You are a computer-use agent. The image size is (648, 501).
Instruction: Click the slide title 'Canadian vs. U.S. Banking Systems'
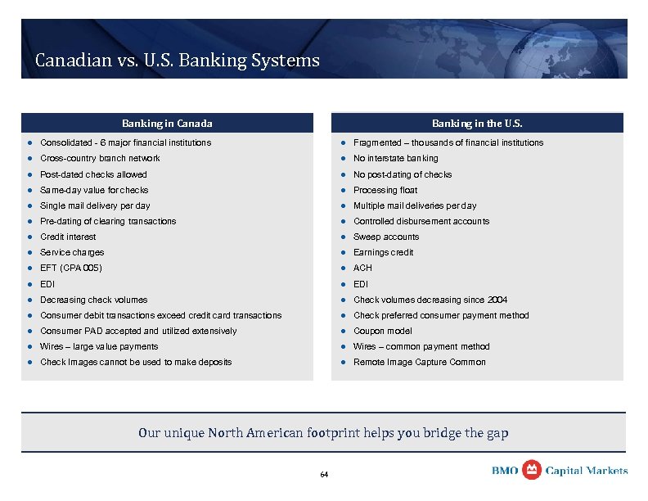pyautogui.click(x=177, y=61)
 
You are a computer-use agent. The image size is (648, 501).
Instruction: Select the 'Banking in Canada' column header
pyautogui.click(x=167, y=124)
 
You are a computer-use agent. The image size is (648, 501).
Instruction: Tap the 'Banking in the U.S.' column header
pyautogui.click(x=477, y=124)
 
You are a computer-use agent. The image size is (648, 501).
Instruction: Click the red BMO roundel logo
pyautogui.click(x=531, y=469)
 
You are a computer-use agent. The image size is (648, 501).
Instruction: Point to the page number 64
pyautogui.click(x=324, y=475)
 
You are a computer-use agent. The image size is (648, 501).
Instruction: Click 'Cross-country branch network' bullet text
pyautogui.click(x=100, y=158)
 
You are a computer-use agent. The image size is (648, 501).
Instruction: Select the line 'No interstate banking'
pyautogui.click(x=395, y=158)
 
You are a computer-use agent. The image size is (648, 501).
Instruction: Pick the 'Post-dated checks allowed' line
pyautogui.click(x=93, y=174)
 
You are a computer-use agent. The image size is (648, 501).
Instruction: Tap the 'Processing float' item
pyautogui.click(x=385, y=190)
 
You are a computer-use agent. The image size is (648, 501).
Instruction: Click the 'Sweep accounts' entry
pyautogui.click(x=385, y=237)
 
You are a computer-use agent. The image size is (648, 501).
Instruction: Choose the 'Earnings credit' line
pyautogui.click(x=384, y=252)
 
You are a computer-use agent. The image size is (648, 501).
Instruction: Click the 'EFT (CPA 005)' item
pyautogui.click(x=71, y=268)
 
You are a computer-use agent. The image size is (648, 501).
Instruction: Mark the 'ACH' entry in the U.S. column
pyautogui.click(x=362, y=268)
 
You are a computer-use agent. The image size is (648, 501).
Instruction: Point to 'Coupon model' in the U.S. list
pyautogui.click(x=382, y=331)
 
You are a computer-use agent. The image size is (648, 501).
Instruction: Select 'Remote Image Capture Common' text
pyautogui.click(x=419, y=362)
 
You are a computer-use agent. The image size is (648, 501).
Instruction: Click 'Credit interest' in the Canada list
pyautogui.click(x=68, y=237)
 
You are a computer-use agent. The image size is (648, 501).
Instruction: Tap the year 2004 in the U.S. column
pyautogui.click(x=497, y=300)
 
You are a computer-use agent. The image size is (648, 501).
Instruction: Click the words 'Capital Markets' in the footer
pyautogui.click(x=587, y=471)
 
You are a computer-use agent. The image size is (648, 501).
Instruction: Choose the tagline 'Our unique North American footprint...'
pyautogui.click(x=323, y=432)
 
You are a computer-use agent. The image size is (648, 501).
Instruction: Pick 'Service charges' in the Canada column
pyautogui.click(x=72, y=252)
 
